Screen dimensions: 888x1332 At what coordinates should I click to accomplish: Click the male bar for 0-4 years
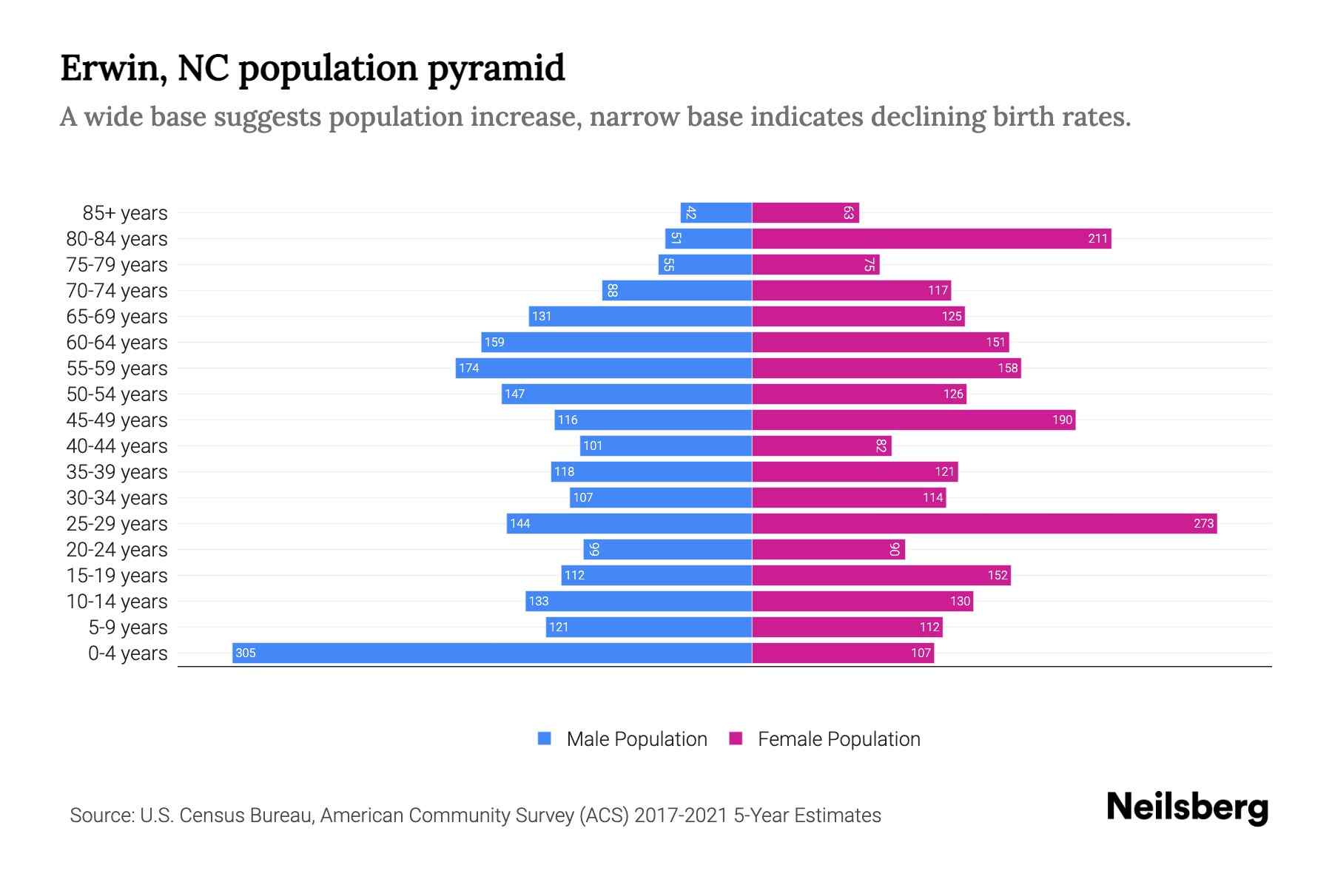492,653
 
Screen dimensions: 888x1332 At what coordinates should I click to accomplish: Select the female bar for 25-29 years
984,523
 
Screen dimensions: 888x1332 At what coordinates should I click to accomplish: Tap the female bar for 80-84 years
931,238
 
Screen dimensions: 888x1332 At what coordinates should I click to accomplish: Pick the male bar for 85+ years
716,212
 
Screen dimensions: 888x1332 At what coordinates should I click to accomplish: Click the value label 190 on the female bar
1062,420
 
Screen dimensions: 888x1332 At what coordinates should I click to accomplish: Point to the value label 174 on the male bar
469,368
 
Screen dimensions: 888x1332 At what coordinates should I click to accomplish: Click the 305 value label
246,653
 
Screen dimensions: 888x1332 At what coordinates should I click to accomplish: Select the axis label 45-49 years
117,420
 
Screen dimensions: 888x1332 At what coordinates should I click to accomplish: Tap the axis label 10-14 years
117,601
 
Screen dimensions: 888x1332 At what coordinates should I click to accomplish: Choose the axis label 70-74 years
117,290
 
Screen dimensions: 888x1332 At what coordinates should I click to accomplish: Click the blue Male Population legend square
545,739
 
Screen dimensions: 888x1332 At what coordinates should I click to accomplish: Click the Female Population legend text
838,739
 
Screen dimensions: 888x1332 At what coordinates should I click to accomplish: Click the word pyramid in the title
496,69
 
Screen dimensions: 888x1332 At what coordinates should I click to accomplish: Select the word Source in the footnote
101,815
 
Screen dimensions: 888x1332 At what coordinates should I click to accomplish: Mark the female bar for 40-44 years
821,445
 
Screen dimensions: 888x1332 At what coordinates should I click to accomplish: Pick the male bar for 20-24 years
667,549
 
